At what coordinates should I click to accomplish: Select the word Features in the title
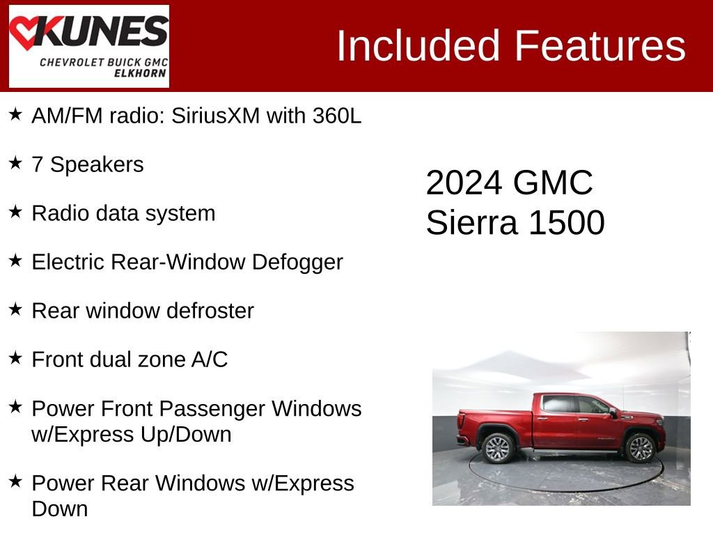(x=600, y=46)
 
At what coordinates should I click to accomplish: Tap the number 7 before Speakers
(x=38, y=165)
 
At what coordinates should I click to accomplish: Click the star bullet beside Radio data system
(x=15, y=212)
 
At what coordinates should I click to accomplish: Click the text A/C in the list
(x=209, y=360)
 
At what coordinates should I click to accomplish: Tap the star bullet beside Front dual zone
(x=15, y=358)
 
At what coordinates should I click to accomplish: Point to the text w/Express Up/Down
(x=132, y=435)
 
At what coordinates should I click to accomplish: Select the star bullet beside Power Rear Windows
(x=15, y=481)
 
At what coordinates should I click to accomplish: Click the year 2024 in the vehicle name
(x=464, y=183)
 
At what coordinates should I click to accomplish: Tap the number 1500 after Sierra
(x=566, y=223)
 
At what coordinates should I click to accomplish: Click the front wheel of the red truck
(x=641, y=448)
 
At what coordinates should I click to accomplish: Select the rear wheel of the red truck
(x=499, y=448)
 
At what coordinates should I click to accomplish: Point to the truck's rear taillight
(x=461, y=420)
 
